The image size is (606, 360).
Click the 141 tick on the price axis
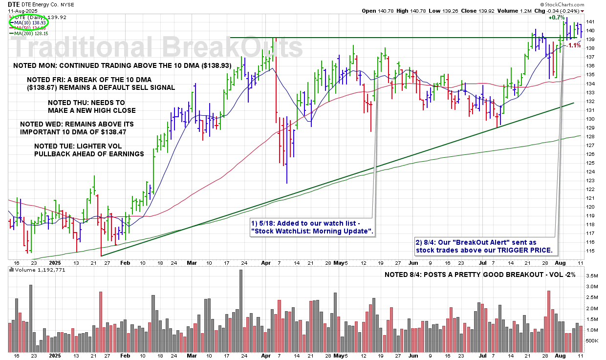point(590,21)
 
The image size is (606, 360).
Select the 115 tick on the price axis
point(590,251)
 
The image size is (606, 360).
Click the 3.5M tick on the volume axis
point(591,276)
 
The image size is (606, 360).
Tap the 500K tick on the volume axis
point(591,340)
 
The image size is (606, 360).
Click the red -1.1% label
point(574,45)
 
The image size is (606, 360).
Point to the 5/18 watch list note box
point(311,226)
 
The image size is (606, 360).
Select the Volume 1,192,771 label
point(37,269)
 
